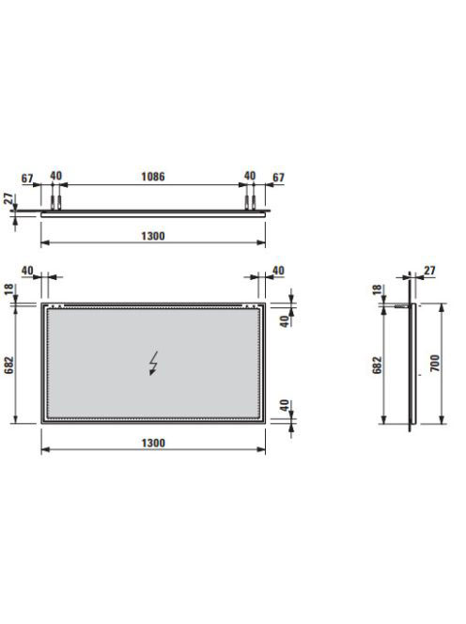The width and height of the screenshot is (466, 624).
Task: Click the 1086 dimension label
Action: coord(153,177)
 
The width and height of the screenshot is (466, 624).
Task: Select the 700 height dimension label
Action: coord(435,363)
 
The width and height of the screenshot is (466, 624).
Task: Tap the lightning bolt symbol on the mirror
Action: coord(153,363)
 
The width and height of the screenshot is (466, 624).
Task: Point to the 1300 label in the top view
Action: coord(153,236)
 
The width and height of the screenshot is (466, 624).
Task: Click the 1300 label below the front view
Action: coord(153,443)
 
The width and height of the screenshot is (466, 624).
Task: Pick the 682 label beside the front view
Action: coord(8,365)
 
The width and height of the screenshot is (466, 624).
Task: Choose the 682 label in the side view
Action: coord(377,365)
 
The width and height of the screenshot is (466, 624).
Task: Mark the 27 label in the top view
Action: coord(8,198)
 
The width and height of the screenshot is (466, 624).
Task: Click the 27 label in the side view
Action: coord(429,271)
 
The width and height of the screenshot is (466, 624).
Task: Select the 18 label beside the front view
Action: coord(8,289)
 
